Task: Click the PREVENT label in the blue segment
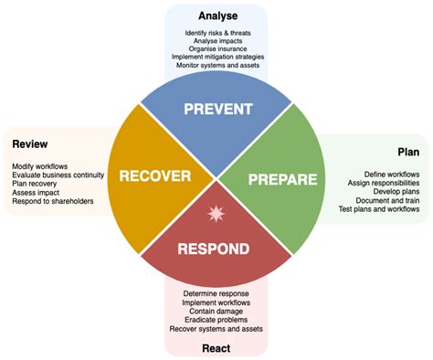(218, 109)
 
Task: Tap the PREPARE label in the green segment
(283, 179)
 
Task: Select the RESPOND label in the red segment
(214, 249)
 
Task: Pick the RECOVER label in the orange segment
(155, 176)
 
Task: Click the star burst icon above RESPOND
(216, 214)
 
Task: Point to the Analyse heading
(218, 16)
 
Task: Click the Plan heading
(408, 152)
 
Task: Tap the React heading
(216, 348)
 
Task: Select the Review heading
(30, 144)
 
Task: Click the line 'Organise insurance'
(217, 48)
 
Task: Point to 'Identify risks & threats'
(218, 33)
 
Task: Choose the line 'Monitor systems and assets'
(217, 65)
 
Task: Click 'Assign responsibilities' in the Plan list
(384, 183)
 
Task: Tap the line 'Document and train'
(387, 200)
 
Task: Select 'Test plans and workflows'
(379, 209)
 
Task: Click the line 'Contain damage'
(216, 312)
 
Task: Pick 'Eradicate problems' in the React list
(216, 320)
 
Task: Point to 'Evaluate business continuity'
(58, 175)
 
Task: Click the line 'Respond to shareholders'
(53, 201)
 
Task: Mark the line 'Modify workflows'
(40, 166)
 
